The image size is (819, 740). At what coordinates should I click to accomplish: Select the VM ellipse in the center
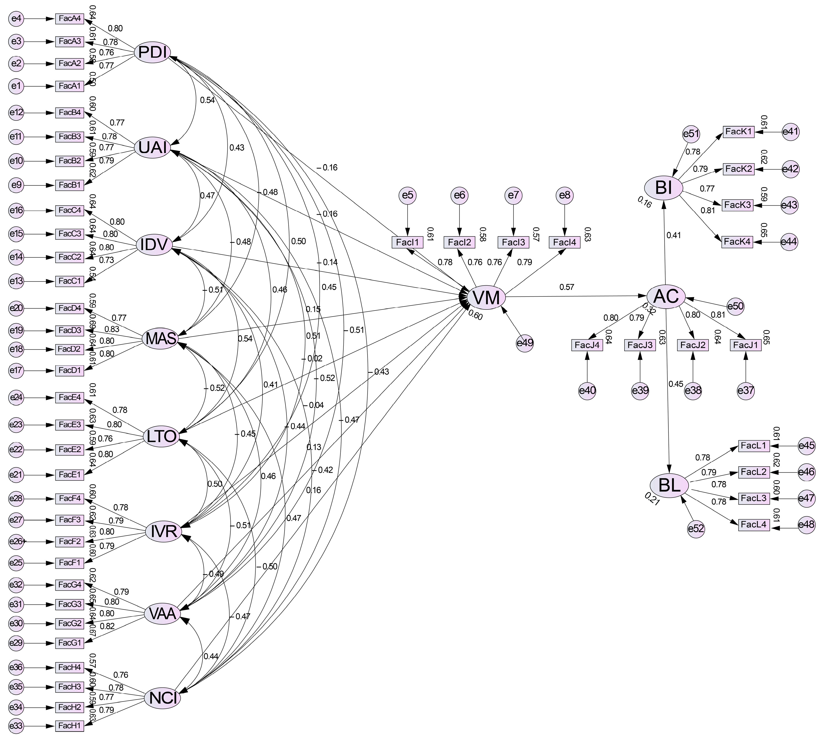point(487,298)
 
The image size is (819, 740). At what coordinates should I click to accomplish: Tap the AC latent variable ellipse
point(666,296)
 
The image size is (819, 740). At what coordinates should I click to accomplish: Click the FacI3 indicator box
point(513,242)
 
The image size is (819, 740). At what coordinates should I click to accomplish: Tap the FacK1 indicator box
point(738,132)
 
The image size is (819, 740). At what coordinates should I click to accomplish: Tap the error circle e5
point(408,195)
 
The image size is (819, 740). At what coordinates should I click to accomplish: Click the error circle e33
point(16,726)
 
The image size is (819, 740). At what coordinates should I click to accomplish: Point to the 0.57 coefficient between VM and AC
point(567,287)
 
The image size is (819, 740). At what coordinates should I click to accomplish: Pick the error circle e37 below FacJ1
point(745,391)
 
